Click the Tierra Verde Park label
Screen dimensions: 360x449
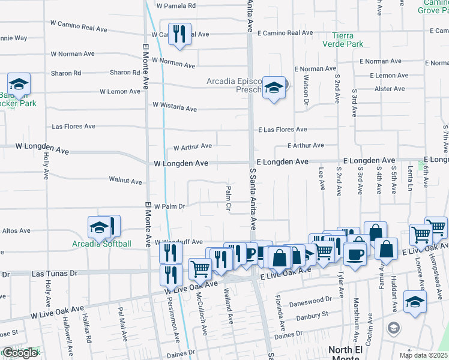click(343, 40)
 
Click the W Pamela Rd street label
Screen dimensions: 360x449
click(176, 6)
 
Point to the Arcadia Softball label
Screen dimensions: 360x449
click(101, 244)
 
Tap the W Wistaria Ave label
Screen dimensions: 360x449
click(174, 106)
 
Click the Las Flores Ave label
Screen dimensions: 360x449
click(73, 127)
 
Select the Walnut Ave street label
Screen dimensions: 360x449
click(125, 180)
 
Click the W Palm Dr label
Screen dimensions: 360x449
click(169, 206)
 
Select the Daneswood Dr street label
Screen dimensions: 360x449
click(311, 299)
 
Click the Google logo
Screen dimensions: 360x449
click(20, 353)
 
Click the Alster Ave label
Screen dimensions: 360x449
click(389, 89)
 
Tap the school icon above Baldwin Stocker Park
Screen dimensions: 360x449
click(19, 84)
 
